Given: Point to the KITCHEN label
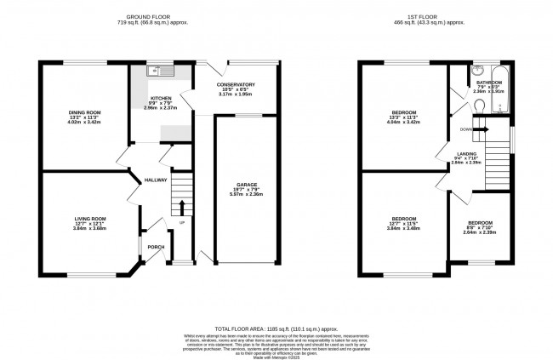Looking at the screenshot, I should pos(161,100).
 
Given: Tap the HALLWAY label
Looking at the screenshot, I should pos(155,180).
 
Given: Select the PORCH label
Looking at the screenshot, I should pos(156,247).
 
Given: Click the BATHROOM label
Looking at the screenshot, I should pos(489,82).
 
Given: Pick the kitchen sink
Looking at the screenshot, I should pos(152,71).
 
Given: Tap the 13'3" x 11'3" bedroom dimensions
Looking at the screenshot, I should pos(403,117).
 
